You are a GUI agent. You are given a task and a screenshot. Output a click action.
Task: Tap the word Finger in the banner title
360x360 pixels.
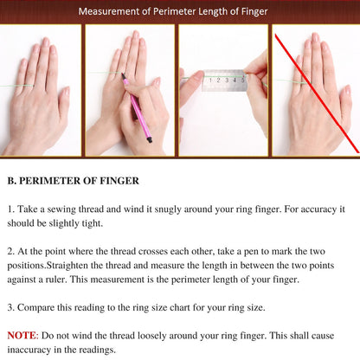254,12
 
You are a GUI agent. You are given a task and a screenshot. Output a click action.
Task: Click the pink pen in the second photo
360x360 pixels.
137,107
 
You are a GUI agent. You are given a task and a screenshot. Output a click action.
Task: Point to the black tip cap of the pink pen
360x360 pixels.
150,140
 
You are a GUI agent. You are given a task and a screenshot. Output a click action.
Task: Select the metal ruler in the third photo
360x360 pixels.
224,80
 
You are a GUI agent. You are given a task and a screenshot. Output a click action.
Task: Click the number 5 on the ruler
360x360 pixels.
243,80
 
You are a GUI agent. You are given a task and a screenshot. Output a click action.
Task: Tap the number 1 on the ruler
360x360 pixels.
210,80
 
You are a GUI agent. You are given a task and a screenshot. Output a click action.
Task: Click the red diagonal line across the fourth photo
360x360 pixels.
317,93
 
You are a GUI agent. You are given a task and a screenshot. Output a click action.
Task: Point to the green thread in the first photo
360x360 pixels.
16,86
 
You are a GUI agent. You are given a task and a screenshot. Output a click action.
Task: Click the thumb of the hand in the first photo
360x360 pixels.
63,104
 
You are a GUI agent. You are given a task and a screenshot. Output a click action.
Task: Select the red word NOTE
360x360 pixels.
22,336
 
